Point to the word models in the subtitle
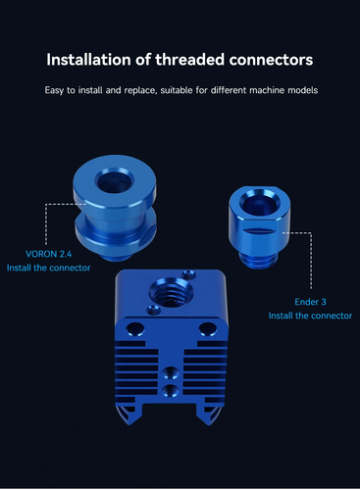(x=296, y=90)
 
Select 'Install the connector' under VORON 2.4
(x=49, y=267)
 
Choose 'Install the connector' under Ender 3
(x=309, y=316)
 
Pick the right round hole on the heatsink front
(x=208, y=329)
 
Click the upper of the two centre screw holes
(x=173, y=372)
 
